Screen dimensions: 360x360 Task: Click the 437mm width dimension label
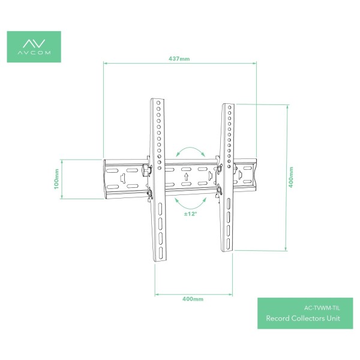point(179,59)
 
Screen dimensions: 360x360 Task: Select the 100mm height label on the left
point(56,178)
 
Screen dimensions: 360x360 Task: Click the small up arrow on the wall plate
point(187,178)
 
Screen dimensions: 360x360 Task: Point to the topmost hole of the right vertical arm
point(229,109)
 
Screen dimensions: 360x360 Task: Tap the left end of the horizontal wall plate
point(107,178)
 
